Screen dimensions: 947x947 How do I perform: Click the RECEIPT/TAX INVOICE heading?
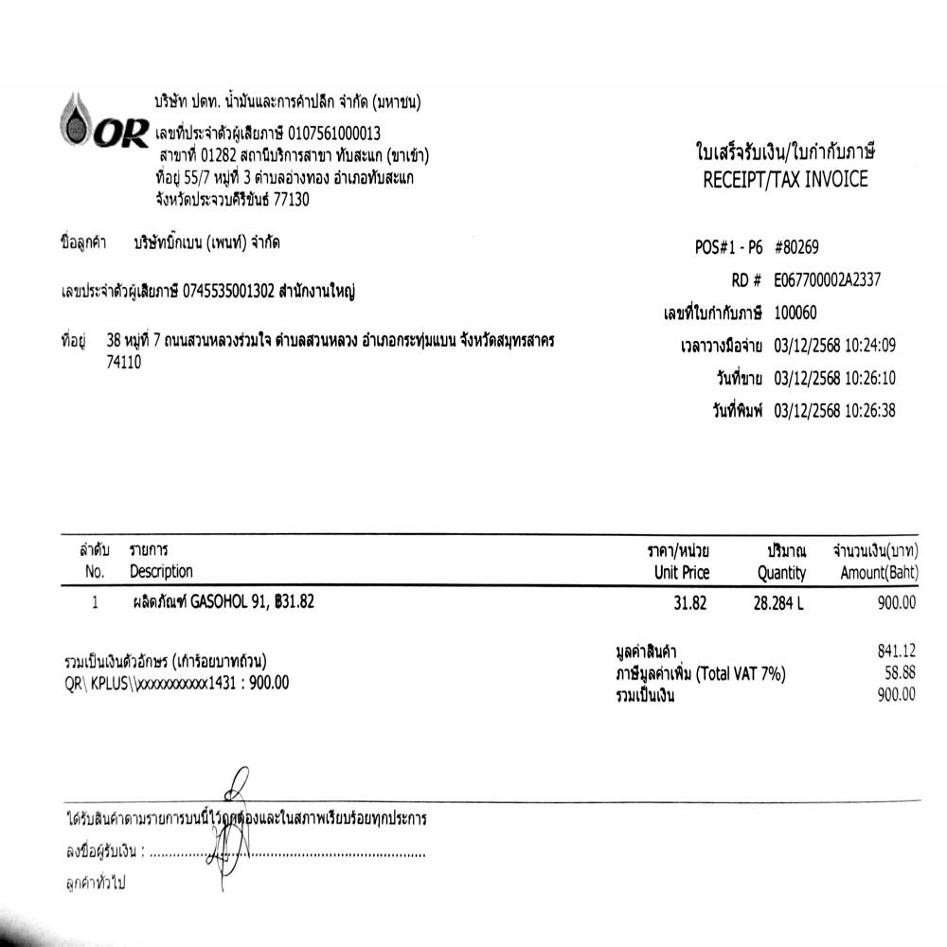tap(785, 180)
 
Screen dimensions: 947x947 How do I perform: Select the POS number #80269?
tap(796, 248)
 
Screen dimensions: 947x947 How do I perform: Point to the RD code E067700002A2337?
tap(828, 279)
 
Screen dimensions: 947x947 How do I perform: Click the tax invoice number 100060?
tap(795, 313)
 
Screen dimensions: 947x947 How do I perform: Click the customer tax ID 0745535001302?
tap(228, 291)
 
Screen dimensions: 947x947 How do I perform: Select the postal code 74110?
tap(125, 362)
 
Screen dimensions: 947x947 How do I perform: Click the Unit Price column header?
tap(681, 573)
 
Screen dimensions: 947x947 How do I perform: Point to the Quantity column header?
tap(781, 573)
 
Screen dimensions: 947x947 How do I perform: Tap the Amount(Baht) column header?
tap(878, 573)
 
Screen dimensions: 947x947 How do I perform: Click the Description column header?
tap(161, 572)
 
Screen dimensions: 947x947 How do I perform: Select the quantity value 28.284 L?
tap(777, 603)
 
